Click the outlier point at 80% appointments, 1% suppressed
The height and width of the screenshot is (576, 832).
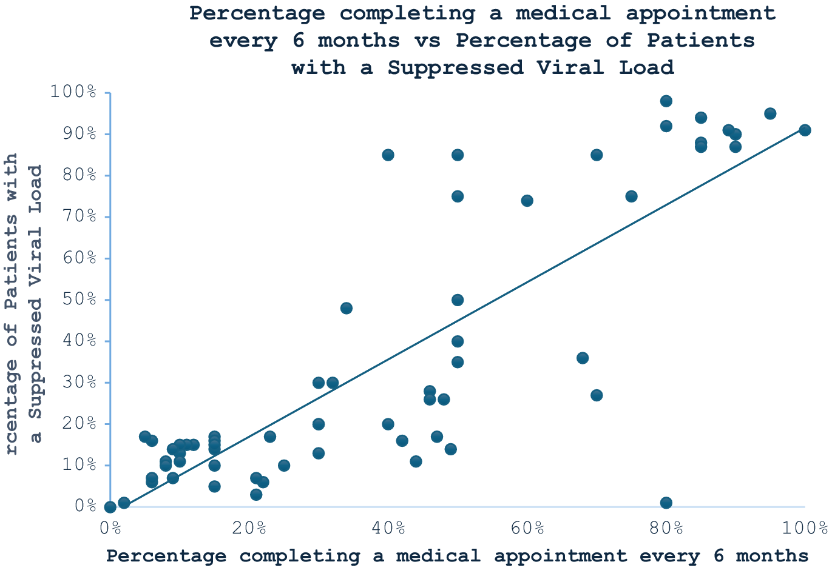[666, 503]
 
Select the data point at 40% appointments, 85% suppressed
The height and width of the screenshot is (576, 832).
[388, 155]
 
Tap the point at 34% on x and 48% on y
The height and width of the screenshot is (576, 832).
[346, 308]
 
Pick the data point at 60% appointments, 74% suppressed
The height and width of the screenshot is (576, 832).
[527, 201]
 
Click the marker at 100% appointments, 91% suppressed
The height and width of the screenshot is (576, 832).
[805, 130]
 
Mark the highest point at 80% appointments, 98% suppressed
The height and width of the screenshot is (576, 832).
[666, 101]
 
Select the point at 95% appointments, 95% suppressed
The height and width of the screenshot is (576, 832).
[770, 113]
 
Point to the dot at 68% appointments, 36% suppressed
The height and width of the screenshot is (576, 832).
[583, 358]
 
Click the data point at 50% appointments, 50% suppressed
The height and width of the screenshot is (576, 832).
[458, 300]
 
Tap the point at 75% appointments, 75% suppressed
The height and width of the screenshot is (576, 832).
[631, 196]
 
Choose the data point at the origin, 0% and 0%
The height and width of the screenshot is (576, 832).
[110, 507]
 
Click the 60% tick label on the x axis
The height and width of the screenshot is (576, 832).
[527, 528]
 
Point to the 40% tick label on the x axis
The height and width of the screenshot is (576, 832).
[388, 528]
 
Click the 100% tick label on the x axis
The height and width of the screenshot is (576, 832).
[805, 528]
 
